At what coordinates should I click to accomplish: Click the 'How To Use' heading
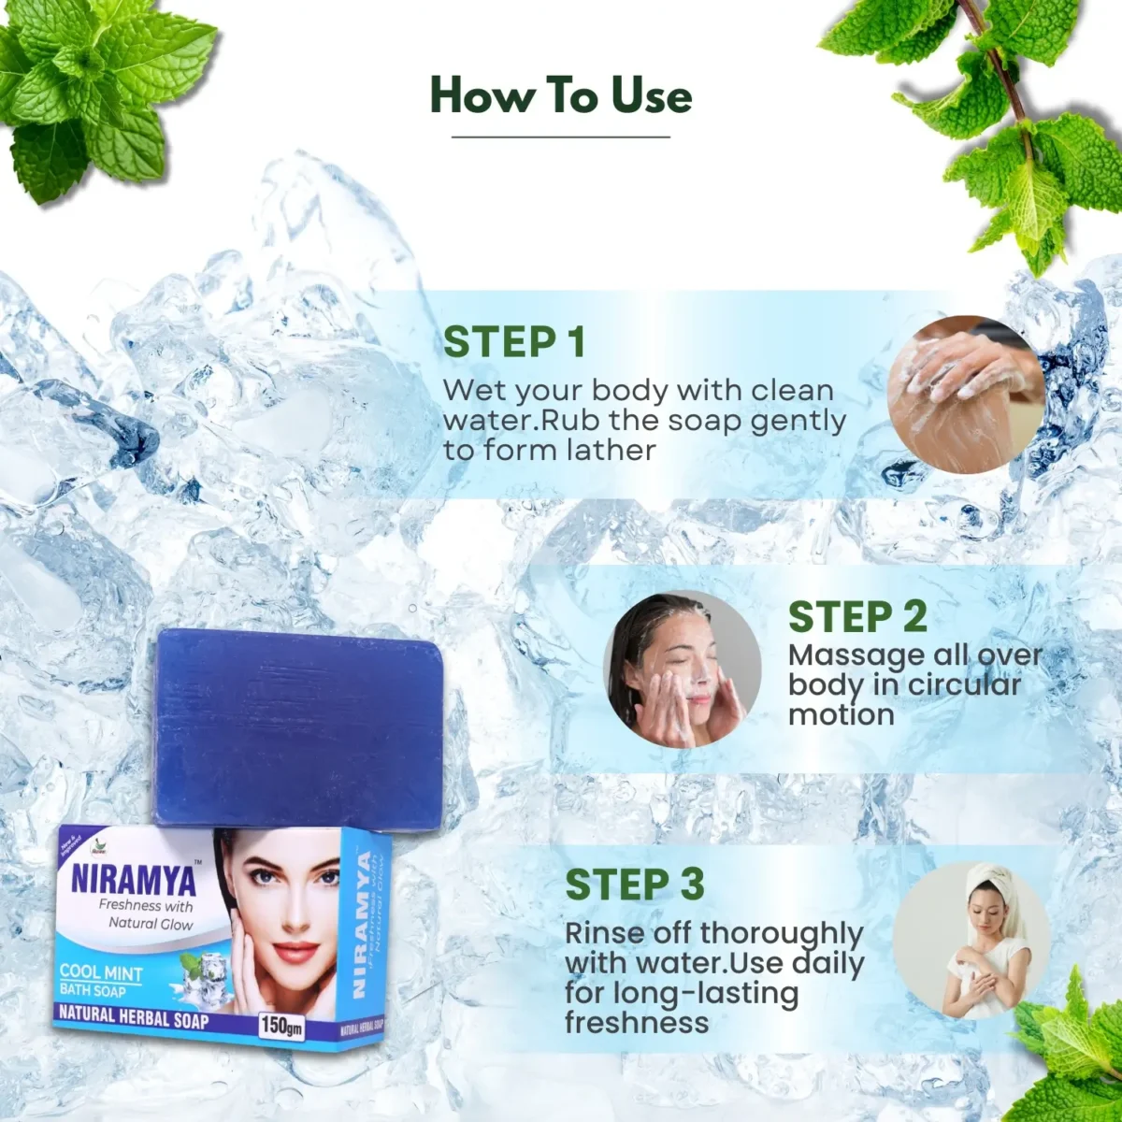coord(561,96)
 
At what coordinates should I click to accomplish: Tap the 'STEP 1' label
coord(513,342)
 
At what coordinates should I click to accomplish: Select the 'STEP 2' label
coord(856,617)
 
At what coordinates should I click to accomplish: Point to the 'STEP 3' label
coord(634,885)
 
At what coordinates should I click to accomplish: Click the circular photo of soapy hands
coord(963,394)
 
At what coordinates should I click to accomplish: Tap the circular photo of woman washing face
coord(682,669)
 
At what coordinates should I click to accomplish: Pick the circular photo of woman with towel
coord(971,940)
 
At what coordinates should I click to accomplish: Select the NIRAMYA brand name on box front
coord(134,880)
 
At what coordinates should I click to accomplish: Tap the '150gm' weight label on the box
coord(281,1025)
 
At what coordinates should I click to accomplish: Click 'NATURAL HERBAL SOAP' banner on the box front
coord(134,1015)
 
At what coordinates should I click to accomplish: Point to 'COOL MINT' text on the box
coord(101,972)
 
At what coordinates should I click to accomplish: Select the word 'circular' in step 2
coord(964,684)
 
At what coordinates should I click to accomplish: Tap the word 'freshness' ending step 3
coord(637,1022)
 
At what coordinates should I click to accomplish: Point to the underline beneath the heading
coord(561,137)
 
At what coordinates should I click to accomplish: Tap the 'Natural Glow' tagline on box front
coord(151,923)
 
